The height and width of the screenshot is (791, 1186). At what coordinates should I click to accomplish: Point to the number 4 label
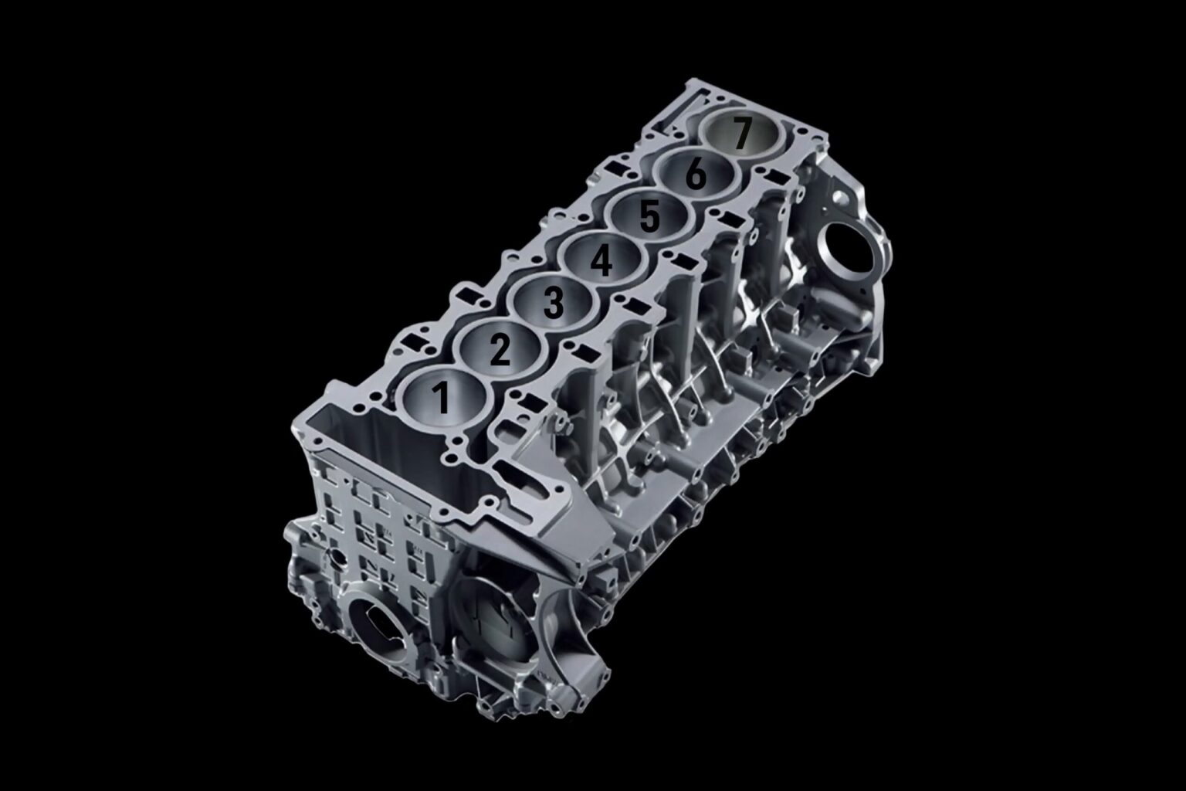click(601, 261)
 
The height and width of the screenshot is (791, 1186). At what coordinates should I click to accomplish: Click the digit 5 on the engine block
click(649, 218)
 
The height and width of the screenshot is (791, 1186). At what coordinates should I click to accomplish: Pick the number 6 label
click(696, 175)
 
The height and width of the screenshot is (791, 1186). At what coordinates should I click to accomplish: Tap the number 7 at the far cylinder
click(742, 134)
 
